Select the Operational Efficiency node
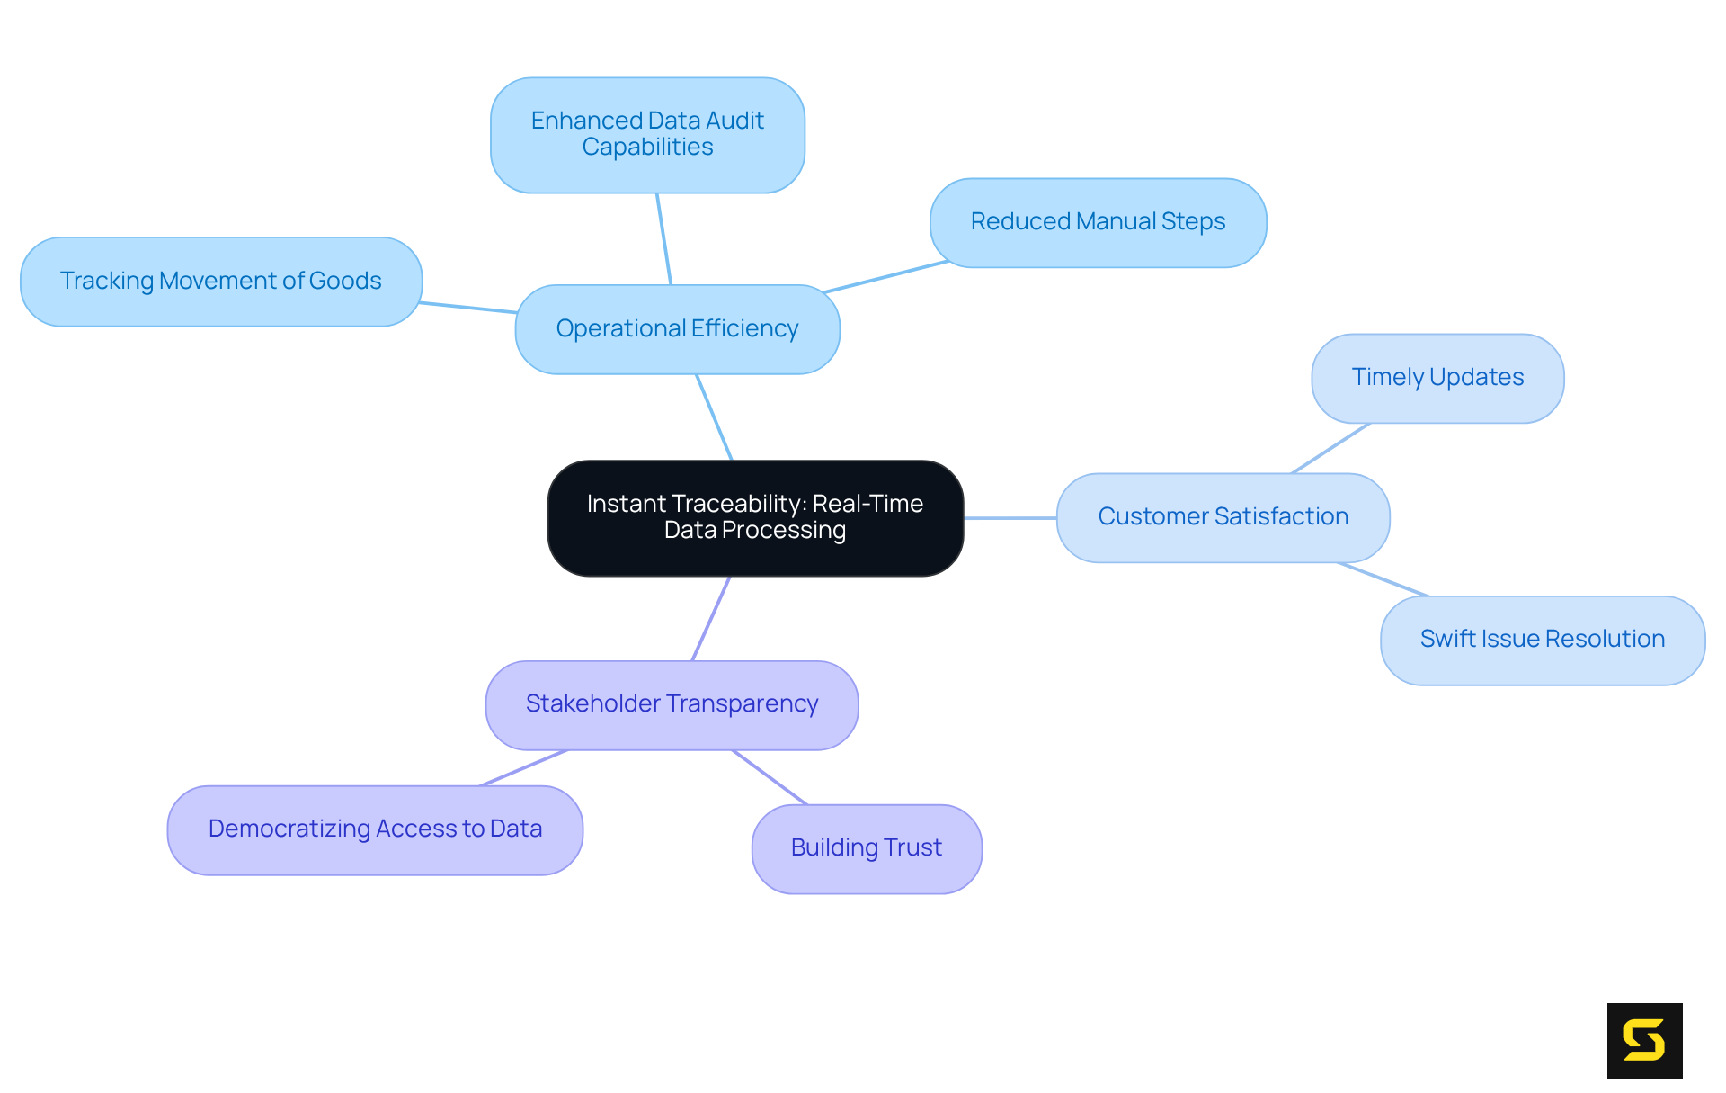677,329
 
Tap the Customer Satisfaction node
1223,517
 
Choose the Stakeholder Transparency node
672,704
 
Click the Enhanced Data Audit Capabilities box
647,134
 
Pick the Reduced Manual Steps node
1098,222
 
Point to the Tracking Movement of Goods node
221,282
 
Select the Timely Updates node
1437,378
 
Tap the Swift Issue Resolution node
1542,640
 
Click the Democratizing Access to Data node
375,829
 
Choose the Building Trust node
866,848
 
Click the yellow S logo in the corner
1644,1040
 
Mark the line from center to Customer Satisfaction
1010,518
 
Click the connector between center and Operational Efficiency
715,417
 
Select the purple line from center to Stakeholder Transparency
711,618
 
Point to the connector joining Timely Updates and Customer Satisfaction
1330,448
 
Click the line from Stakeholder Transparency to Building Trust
770,777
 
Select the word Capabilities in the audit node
647,148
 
